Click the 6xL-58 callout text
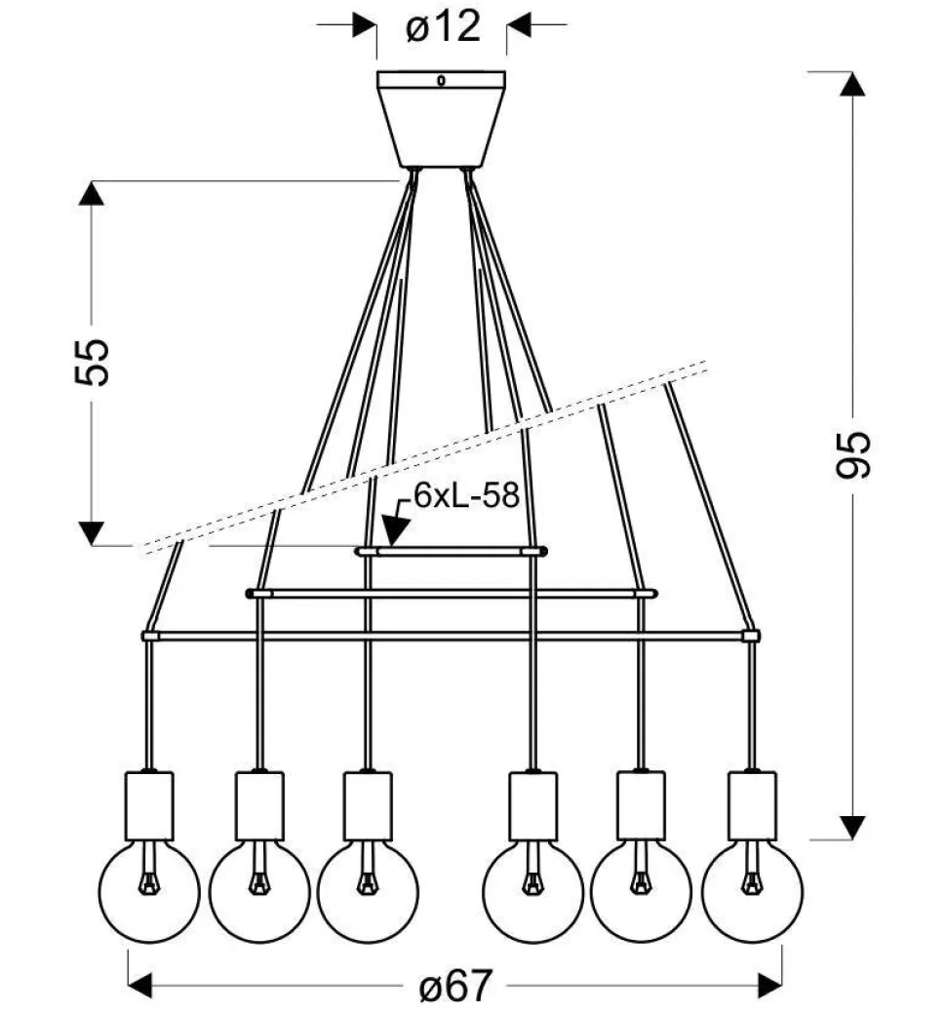[464, 495]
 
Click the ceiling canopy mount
[442, 118]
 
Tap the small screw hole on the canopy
[442, 82]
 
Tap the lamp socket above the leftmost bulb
[149, 805]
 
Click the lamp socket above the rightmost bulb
[752, 805]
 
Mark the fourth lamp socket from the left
[532, 805]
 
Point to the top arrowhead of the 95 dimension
[852, 84]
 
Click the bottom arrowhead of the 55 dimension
[92, 532]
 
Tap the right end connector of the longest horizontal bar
[750, 636]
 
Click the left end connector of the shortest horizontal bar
[366, 551]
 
